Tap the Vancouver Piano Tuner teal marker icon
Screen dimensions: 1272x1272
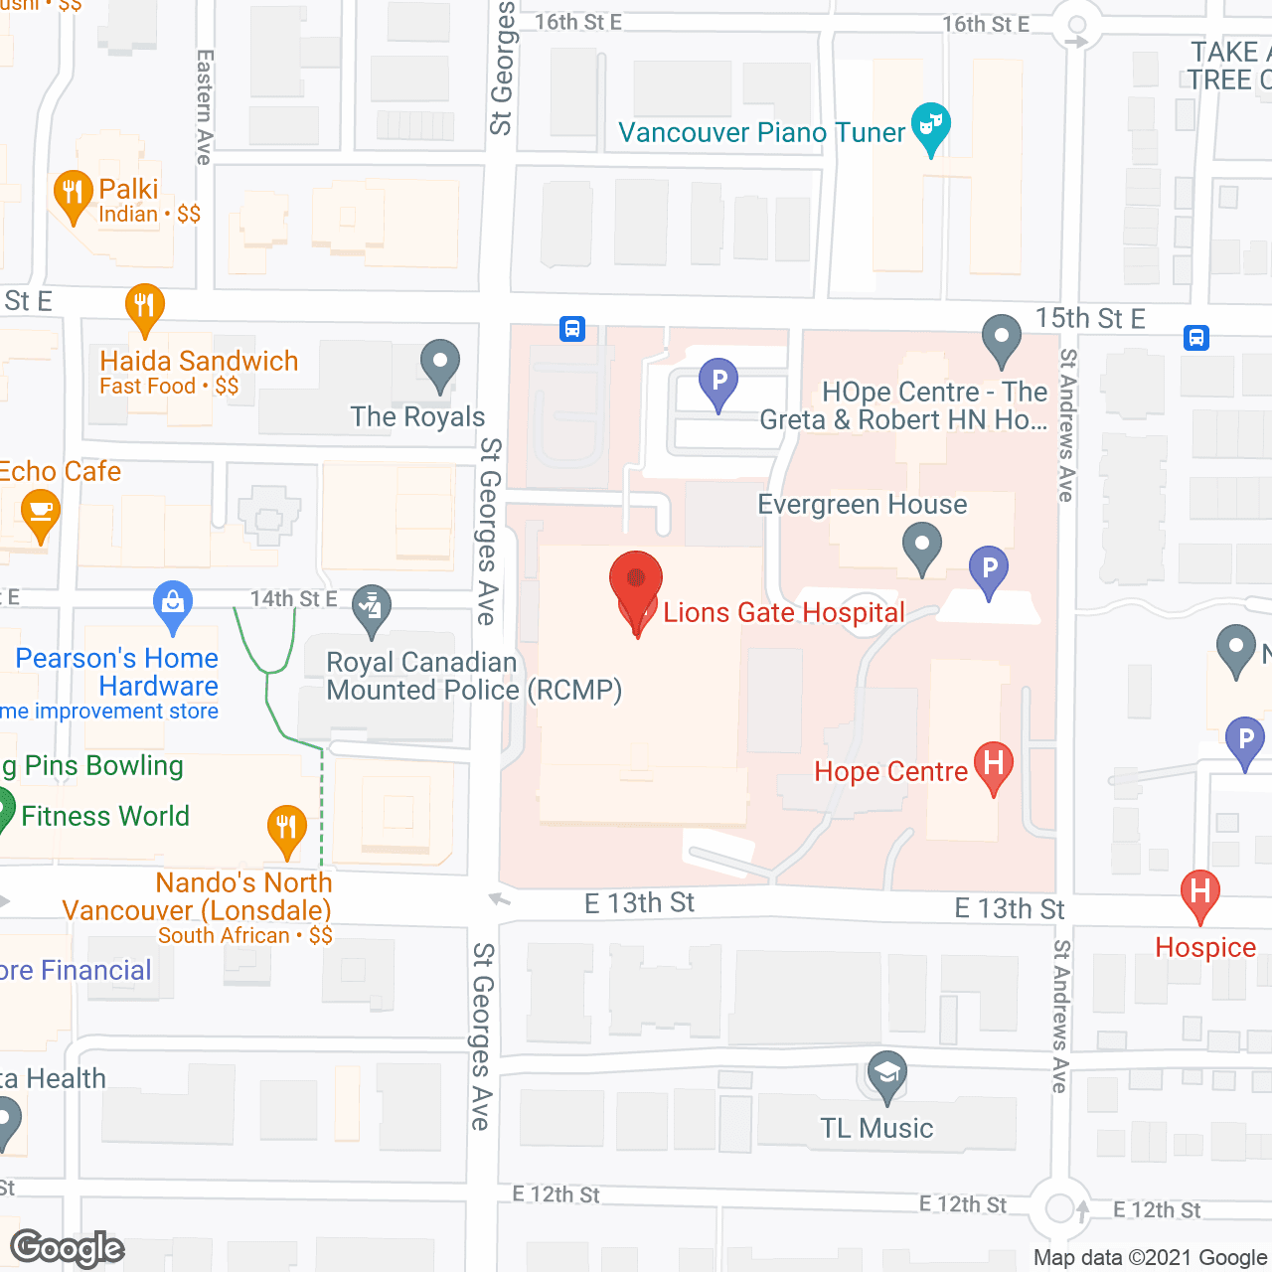coord(930,126)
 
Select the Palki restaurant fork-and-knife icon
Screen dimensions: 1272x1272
coord(73,194)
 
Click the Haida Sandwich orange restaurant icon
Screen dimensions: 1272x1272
coord(145,307)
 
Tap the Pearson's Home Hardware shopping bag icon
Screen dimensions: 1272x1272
coord(173,604)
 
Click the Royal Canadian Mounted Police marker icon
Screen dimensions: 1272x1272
coord(372,607)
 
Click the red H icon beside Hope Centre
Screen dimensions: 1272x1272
coord(993,765)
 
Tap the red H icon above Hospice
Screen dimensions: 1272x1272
coord(1199,891)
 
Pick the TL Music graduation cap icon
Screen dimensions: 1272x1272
coord(886,1074)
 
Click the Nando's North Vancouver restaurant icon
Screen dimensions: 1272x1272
coord(286,828)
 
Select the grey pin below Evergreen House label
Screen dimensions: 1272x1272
coord(922,547)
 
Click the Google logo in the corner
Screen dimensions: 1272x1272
coord(68,1248)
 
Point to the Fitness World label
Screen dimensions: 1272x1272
coord(105,817)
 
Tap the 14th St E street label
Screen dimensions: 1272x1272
coord(293,599)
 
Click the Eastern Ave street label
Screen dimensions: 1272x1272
coord(205,107)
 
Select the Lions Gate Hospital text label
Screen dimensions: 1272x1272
coord(784,613)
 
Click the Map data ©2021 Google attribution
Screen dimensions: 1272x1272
coord(1151,1258)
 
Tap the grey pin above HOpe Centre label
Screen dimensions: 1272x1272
coord(1002,338)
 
